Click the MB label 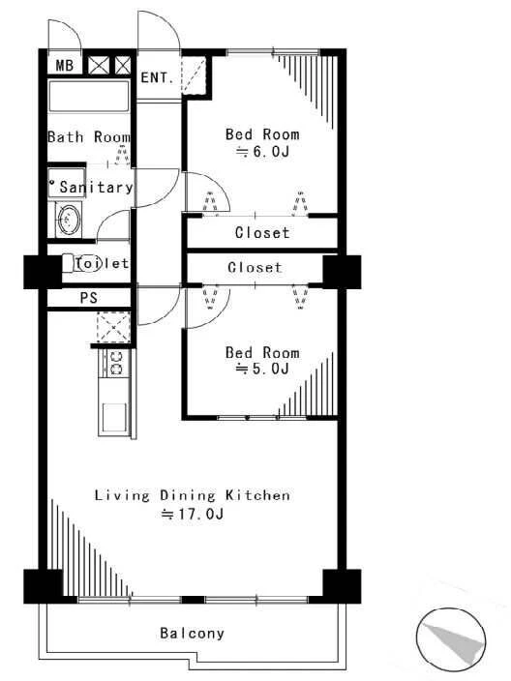pyautogui.click(x=65, y=66)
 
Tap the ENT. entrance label pyautogui.click(x=158, y=77)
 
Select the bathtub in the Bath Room pyautogui.click(x=89, y=96)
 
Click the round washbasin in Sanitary pyautogui.click(x=69, y=220)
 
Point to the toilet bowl pyautogui.click(x=82, y=263)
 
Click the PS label pyautogui.click(x=89, y=298)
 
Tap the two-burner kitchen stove pyautogui.click(x=116, y=363)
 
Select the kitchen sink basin pyautogui.click(x=114, y=417)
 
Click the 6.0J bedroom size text pyautogui.click(x=262, y=152)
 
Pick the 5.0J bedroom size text pyautogui.click(x=262, y=369)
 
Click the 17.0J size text pyautogui.click(x=193, y=515)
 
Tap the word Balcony pyautogui.click(x=192, y=633)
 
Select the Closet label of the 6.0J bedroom pyautogui.click(x=262, y=233)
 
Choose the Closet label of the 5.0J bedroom pyautogui.click(x=255, y=267)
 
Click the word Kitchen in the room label pyautogui.click(x=257, y=495)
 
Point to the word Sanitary pyautogui.click(x=96, y=188)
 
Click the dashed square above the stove pyautogui.click(x=113, y=327)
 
